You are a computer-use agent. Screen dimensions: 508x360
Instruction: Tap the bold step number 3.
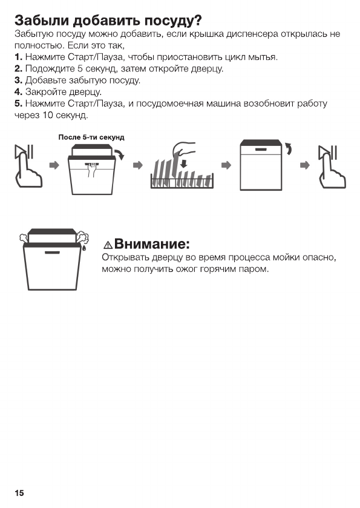click(x=18, y=80)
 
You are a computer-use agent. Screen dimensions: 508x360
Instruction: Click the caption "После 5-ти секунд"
click(x=91, y=137)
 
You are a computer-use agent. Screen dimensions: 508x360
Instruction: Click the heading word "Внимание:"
click(x=152, y=244)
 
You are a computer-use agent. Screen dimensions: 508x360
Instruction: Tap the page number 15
click(x=19, y=493)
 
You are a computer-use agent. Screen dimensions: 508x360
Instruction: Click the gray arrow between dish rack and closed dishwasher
click(x=226, y=165)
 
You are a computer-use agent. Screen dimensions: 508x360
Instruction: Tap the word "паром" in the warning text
click(x=255, y=269)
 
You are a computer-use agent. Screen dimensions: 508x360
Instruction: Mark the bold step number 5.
click(x=18, y=103)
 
